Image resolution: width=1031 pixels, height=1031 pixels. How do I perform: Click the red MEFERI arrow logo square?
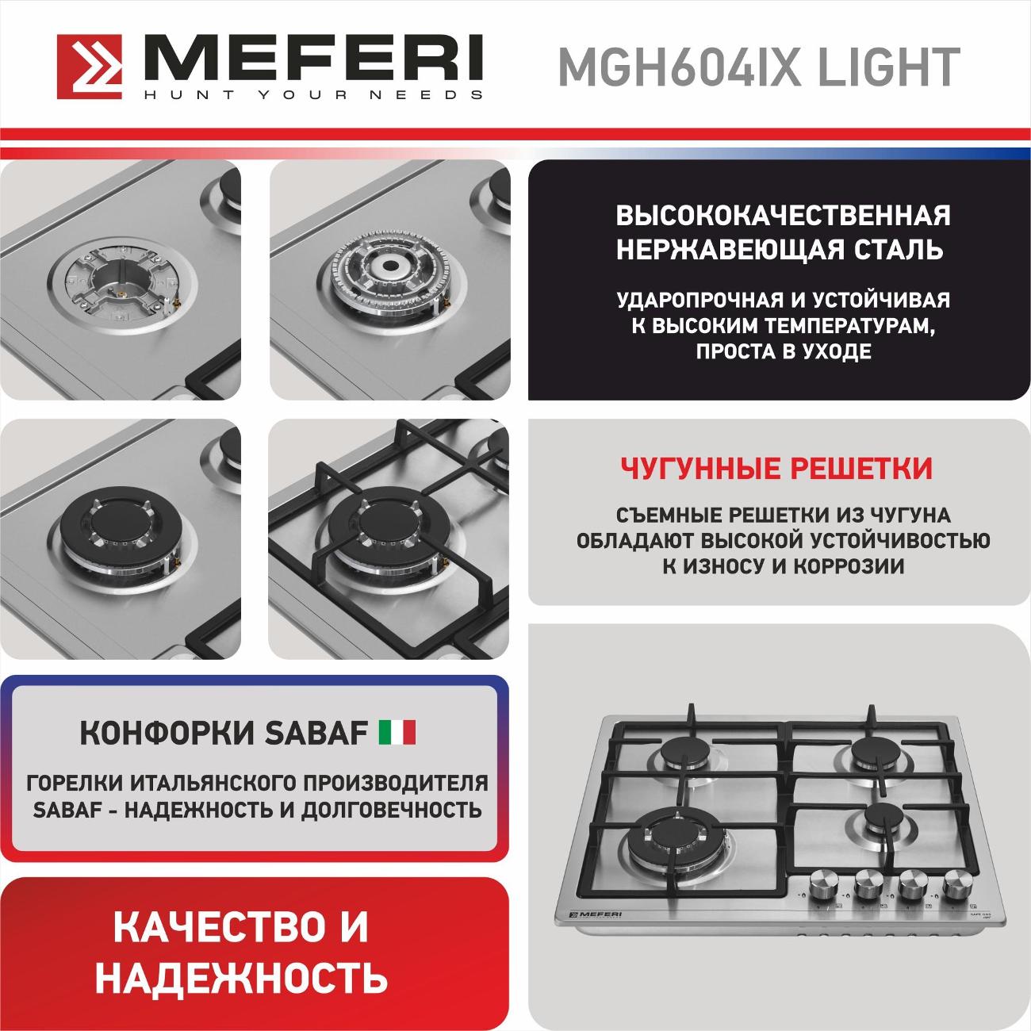coord(90,67)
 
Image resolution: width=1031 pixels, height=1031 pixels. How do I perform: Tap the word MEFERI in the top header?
coord(313,59)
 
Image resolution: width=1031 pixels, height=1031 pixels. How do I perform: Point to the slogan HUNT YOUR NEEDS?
coord(313,94)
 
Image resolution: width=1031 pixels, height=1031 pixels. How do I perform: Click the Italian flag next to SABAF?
coord(397,733)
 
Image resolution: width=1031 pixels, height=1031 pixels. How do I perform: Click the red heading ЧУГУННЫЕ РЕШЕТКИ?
coord(776,468)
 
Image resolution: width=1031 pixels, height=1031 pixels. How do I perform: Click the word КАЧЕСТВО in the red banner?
coord(214,927)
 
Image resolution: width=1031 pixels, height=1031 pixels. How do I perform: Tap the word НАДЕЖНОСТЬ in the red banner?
coord(242,978)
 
